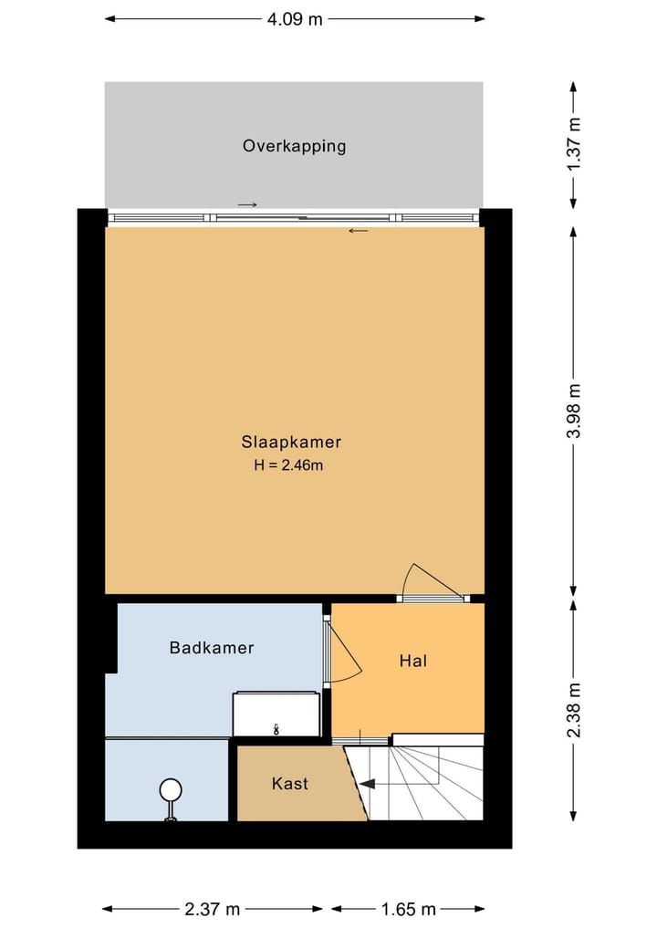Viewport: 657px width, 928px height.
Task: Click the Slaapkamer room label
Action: click(291, 442)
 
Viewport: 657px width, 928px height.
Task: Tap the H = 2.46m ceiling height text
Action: click(289, 465)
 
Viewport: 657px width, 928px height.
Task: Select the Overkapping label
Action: click(294, 145)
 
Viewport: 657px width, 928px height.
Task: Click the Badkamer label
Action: click(212, 648)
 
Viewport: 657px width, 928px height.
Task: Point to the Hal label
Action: click(413, 660)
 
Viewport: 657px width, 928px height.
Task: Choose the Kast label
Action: click(289, 783)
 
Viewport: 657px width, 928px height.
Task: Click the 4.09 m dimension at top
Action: click(294, 18)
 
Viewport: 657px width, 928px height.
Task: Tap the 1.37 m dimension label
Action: click(573, 144)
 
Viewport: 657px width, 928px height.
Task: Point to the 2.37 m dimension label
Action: click(212, 909)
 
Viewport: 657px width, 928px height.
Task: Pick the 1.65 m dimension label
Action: click(407, 909)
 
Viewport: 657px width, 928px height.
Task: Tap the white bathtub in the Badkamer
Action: click(276, 714)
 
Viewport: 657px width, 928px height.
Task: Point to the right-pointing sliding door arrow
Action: click(247, 204)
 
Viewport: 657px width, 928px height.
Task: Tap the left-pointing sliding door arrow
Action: click(359, 230)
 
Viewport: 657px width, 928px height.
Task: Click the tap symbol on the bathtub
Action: click(276, 728)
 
